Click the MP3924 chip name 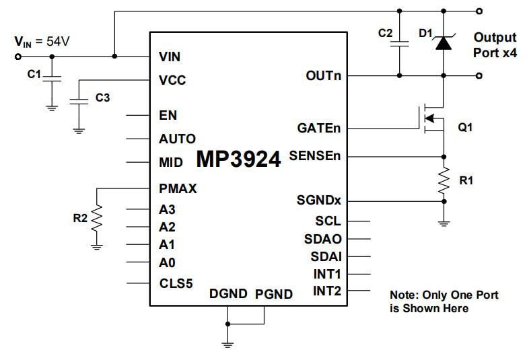coord(238,159)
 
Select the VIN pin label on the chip coord(169,57)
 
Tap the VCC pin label coord(172,80)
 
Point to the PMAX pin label coord(178,188)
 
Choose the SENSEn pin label coord(315,156)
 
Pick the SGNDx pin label coord(319,201)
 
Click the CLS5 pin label coord(176,283)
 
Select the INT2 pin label coord(327,291)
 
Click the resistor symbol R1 coord(444,180)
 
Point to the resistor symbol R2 coord(98,217)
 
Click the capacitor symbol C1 coord(52,79)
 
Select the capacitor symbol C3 coord(79,102)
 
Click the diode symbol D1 coord(444,42)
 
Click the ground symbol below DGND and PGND coord(228,343)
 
